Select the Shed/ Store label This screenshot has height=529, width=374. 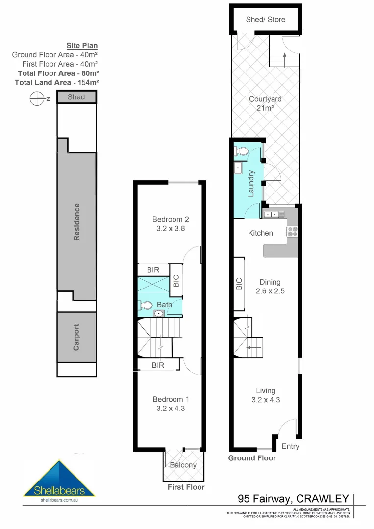click(x=265, y=20)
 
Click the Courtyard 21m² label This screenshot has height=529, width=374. click(x=265, y=103)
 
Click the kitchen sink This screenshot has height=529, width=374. click(x=273, y=214)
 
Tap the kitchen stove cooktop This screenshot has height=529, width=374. click(x=293, y=231)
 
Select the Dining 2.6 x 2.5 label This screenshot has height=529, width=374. click(x=270, y=286)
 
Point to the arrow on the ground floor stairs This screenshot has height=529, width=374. click(x=254, y=347)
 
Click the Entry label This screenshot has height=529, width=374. click(x=290, y=446)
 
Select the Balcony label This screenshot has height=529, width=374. click(x=183, y=465)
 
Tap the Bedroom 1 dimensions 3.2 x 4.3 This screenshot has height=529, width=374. click(x=170, y=408)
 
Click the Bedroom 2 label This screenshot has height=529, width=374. click(x=170, y=219)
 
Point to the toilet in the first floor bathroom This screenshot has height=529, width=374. click(x=146, y=305)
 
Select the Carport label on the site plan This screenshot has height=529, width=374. click(x=76, y=337)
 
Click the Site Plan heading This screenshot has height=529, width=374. click(x=82, y=46)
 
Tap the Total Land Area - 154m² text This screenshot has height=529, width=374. click(x=57, y=82)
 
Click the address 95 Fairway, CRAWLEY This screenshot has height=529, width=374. click(x=293, y=499)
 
